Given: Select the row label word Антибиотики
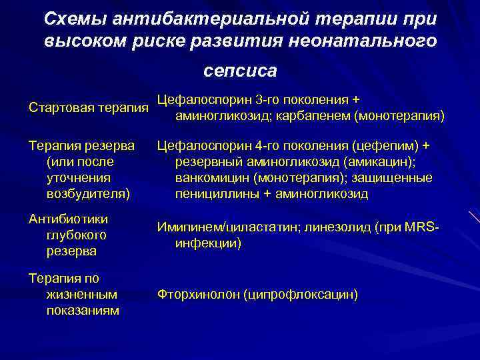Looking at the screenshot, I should tap(69, 219).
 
